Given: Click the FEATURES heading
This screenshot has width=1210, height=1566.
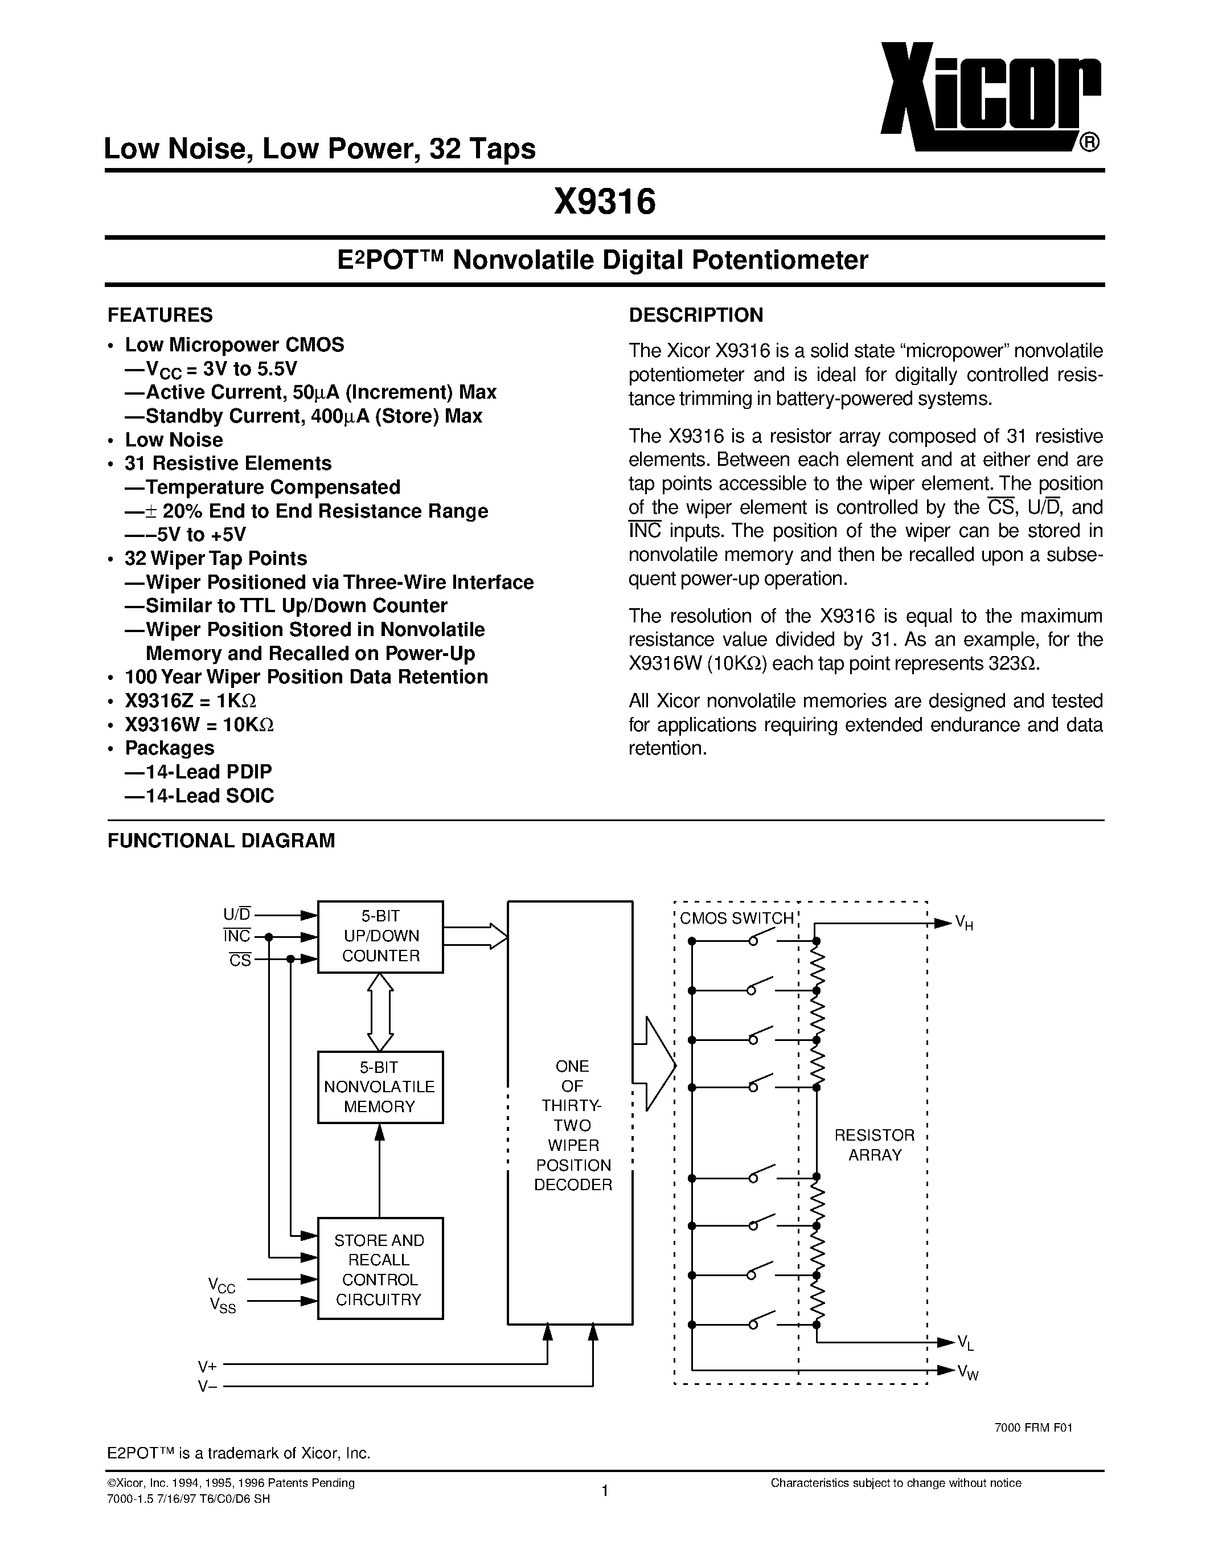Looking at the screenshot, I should [160, 315].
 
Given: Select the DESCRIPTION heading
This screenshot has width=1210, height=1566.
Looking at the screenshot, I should [695, 315].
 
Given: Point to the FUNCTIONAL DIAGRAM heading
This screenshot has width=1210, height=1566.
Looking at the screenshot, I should [221, 841].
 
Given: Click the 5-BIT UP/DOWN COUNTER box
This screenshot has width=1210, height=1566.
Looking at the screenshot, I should [380, 936].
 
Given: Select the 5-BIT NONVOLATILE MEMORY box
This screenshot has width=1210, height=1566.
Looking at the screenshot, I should [380, 1087].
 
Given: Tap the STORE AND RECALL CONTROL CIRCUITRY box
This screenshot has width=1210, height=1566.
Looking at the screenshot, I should [380, 1270].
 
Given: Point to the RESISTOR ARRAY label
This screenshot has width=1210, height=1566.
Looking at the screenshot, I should [875, 1145].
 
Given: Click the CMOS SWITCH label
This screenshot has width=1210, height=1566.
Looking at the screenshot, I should [736, 919].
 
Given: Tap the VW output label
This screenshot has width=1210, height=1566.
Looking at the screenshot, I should [967, 1372].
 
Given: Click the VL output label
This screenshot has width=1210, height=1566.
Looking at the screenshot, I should [966, 1342].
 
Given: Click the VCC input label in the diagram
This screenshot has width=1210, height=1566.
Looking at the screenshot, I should [222, 1285].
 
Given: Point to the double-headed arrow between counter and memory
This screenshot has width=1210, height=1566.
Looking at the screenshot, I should [380, 1012].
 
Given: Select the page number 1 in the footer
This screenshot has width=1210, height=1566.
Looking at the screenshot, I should [604, 1491].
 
